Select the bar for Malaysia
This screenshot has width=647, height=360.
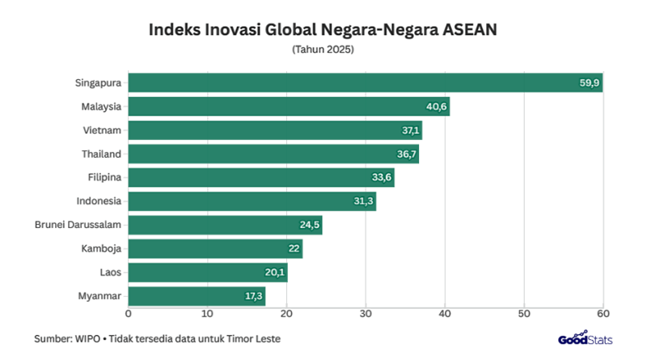[289, 107]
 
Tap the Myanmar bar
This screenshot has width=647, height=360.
[197, 297]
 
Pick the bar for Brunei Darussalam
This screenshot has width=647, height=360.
[225, 226]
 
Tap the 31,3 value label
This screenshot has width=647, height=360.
[364, 201]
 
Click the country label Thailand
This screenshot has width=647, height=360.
[101, 154]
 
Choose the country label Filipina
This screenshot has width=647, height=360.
[104, 178]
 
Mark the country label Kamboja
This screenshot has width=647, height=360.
[102, 249]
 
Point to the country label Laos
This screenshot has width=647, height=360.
[110, 273]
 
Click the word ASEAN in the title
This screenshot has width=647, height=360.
[469, 31]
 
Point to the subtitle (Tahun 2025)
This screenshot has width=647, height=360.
[323, 50]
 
